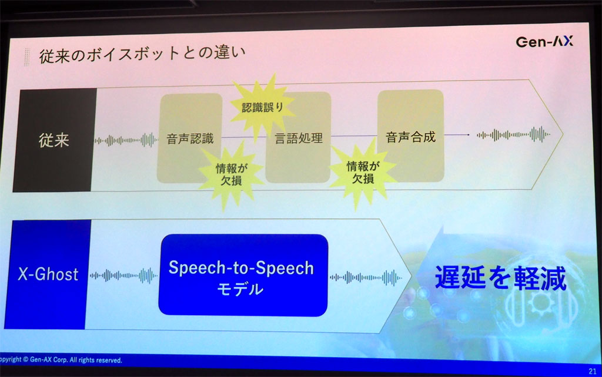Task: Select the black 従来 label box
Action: click(54, 140)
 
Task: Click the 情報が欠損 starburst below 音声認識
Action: click(223, 174)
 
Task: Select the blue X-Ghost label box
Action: click(48, 275)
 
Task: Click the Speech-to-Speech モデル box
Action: click(242, 275)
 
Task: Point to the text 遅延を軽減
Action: click(500, 277)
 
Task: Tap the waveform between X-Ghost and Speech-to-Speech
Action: click(123, 275)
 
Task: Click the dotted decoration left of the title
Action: click(27, 57)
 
